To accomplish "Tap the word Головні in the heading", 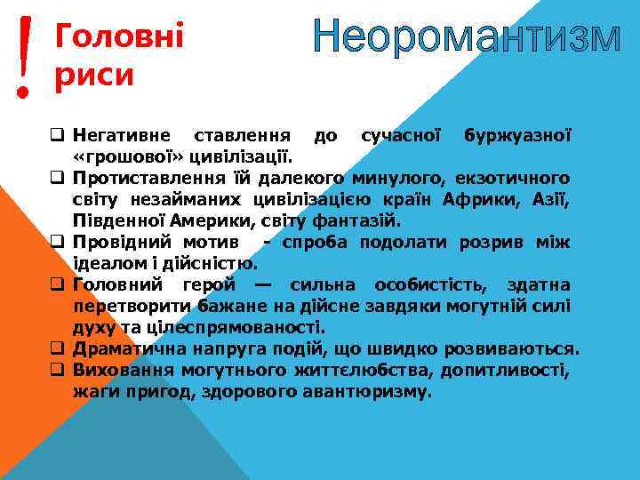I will point(119,36).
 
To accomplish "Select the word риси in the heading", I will point(94,76).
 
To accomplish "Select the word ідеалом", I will point(108,263).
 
